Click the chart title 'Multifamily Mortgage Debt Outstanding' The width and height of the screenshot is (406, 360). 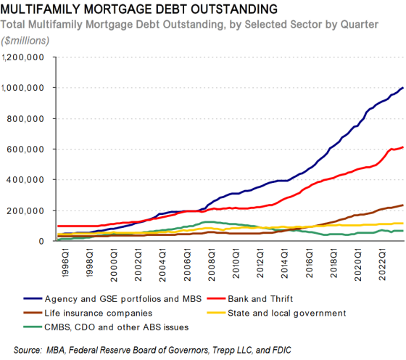point(138,9)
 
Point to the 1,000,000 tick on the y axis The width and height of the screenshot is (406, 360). point(25,88)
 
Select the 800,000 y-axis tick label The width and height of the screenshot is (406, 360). point(29,118)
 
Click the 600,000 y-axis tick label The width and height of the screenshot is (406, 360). point(29,150)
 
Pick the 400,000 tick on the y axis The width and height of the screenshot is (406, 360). point(29,180)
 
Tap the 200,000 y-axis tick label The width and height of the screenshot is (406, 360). point(29,210)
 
